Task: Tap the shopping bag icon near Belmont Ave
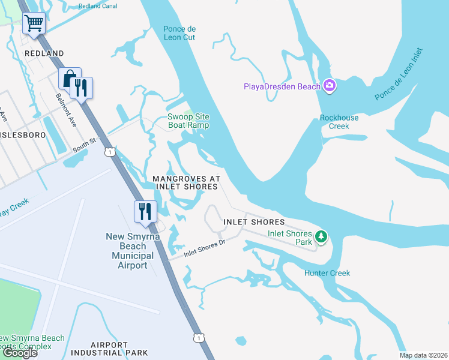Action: (70, 79)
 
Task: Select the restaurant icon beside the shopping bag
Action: (81, 88)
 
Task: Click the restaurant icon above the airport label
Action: (145, 211)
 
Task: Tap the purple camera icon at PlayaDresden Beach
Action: (329, 86)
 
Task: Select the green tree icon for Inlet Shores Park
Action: (322, 238)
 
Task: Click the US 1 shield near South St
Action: (109, 152)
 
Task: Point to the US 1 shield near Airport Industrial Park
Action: (198, 338)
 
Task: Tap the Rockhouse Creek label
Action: (339, 122)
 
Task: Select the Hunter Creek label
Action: (327, 273)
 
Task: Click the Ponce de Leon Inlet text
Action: (399, 75)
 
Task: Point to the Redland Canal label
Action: (98, 6)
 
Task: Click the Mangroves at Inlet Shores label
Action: (185, 183)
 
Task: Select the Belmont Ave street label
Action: (66, 109)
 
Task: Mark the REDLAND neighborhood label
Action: (44, 53)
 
